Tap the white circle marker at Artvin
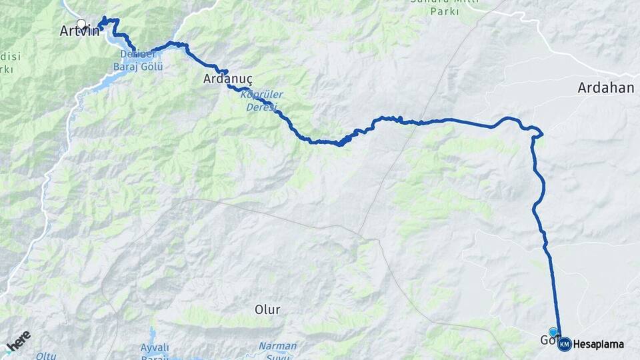(x=81, y=24)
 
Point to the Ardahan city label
(x=605, y=88)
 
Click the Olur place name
(x=267, y=309)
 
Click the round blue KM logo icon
(x=565, y=344)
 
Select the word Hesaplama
(x=598, y=345)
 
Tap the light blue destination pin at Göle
(x=553, y=332)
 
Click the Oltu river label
(x=46, y=356)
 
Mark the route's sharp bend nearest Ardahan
(x=541, y=134)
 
